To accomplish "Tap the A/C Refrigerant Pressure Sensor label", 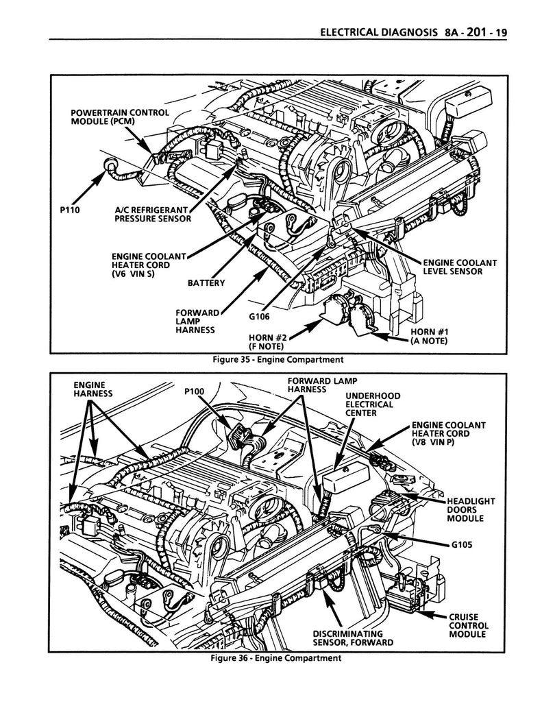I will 152,215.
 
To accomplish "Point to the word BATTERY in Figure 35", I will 206,282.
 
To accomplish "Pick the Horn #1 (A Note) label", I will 428,337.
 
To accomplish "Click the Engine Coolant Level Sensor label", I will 459,267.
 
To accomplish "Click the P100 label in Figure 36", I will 195,392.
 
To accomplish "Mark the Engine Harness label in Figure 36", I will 92,389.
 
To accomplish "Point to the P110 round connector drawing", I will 108,165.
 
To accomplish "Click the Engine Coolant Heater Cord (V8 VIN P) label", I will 448,433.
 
